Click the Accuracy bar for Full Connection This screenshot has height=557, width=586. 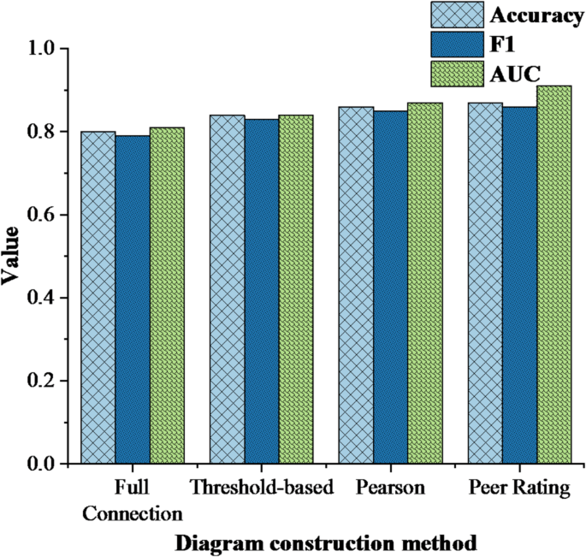99,298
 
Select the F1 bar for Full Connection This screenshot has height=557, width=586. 133,299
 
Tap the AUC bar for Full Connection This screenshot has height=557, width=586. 168,296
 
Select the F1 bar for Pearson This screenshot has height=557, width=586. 390,287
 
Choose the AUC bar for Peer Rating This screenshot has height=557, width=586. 553,275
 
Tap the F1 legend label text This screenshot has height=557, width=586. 500,44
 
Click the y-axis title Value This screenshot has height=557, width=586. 15,257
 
